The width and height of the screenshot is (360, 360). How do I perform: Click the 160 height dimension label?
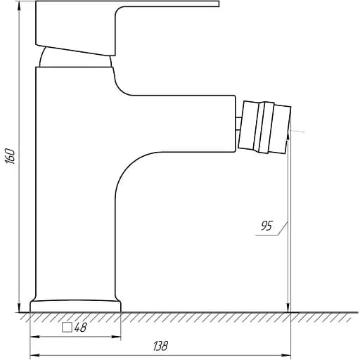[x=10, y=155]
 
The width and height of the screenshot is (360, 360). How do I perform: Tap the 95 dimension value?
[x=266, y=226]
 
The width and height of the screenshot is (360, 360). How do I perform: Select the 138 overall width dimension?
[x=160, y=346]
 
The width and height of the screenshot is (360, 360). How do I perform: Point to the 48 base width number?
[x=80, y=327]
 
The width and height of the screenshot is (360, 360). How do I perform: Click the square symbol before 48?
[x=67, y=328]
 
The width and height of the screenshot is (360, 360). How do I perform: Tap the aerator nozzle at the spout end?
[x=264, y=127]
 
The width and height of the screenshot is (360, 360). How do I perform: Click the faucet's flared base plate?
[x=75, y=306]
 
